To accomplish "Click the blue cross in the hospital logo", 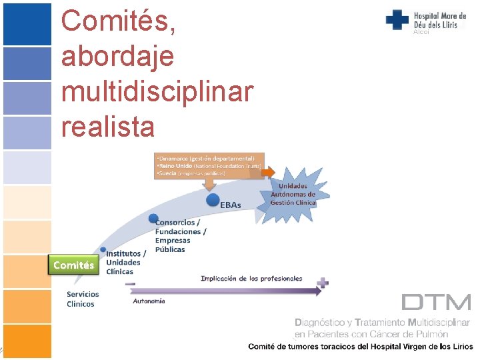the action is pyautogui.click(x=397, y=19).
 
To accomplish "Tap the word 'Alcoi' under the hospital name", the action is pyautogui.click(x=421, y=32).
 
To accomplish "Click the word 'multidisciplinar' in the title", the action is pyautogui.click(x=157, y=91).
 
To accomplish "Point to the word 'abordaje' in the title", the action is pyautogui.click(x=117, y=56).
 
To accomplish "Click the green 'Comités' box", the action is pyautogui.click(x=73, y=265).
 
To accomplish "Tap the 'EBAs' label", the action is pyautogui.click(x=231, y=205).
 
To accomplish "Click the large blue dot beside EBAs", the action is pyautogui.click(x=213, y=199).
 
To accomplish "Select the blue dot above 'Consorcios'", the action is pyautogui.click(x=153, y=218).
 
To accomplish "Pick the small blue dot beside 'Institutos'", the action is pyautogui.click(x=103, y=251).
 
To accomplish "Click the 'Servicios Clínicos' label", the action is pyautogui.click(x=83, y=299).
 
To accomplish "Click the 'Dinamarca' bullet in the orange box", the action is pyautogui.click(x=206, y=159).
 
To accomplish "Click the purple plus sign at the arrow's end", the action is pyautogui.click(x=323, y=283).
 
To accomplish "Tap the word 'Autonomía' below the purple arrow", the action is pyautogui.click(x=149, y=301).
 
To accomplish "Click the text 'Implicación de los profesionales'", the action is pyautogui.click(x=251, y=278).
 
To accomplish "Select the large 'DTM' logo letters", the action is pyautogui.click(x=437, y=302).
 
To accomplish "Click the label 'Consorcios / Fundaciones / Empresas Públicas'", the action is pyautogui.click(x=180, y=236).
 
